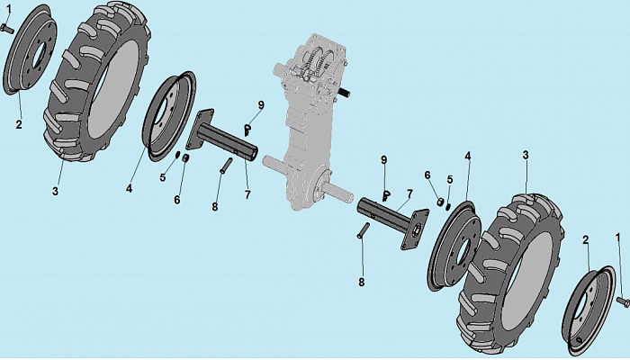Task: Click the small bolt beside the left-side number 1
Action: point(7,28)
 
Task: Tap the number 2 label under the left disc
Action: point(19,124)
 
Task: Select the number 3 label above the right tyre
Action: point(526,155)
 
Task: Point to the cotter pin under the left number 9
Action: point(247,130)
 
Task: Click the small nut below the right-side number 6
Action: point(440,202)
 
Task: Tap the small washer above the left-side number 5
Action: point(176,155)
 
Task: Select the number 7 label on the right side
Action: point(409,194)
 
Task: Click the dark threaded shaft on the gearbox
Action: point(345,94)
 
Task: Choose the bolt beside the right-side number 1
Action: point(623,301)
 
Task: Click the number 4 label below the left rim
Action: point(129,188)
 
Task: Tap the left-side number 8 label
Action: point(215,207)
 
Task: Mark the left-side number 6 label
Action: point(177,200)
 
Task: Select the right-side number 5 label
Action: point(450,180)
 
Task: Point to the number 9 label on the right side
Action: point(384,160)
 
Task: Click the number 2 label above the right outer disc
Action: point(585,240)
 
